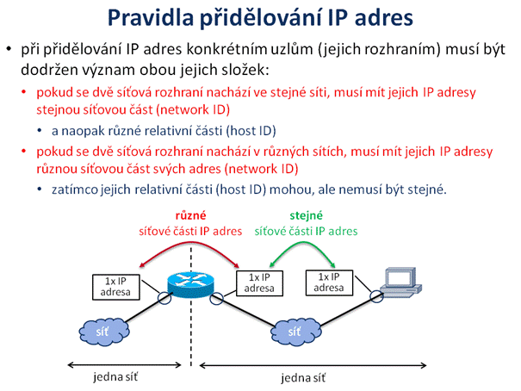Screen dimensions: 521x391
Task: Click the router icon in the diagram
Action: tap(190, 283)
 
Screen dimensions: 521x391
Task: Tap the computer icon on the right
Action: tap(401, 282)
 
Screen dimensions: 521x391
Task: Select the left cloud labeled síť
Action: tap(104, 332)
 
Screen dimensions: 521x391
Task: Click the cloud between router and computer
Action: tap(295, 332)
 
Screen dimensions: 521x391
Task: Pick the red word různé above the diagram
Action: tap(190, 215)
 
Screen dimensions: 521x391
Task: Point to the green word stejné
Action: tap(306, 215)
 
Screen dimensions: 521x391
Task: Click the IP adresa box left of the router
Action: tap(115, 287)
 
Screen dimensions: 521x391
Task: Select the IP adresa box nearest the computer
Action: tap(329, 282)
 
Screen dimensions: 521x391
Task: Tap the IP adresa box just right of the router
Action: tap(259, 283)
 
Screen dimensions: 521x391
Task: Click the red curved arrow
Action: tap(190, 243)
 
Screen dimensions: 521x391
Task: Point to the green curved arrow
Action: tap(303, 242)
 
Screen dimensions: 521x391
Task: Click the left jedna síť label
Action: tap(115, 376)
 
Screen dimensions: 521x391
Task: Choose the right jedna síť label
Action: tap(303, 378)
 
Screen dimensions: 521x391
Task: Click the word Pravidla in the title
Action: tap(151, 17)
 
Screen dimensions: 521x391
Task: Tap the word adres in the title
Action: tap(384, 17)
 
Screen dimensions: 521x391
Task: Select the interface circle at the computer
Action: tap(377, 296)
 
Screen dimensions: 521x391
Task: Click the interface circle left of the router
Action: tap(164, 297)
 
